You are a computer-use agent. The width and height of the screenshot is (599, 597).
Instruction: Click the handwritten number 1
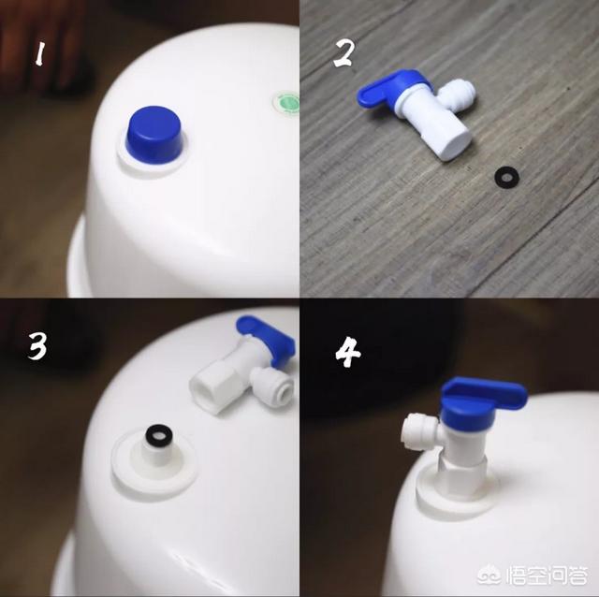[x=39, y=54]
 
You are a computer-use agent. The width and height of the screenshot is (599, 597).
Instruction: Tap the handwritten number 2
[x=343, y=53]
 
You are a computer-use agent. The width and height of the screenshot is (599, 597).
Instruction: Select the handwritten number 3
[x=37, y=346]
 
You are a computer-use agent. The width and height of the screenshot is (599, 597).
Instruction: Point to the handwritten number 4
[x=347, y=354]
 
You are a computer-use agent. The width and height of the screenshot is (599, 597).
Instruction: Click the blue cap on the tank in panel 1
[x=154, y=135]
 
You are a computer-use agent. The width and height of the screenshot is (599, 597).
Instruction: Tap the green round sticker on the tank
[x=287, y=102]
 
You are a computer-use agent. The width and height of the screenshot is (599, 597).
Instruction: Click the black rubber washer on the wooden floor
[x=506, y=178]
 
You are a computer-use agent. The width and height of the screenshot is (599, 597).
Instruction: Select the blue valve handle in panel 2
[x=389, y=89]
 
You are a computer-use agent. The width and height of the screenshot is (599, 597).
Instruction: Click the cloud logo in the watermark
[x=490, y=575]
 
